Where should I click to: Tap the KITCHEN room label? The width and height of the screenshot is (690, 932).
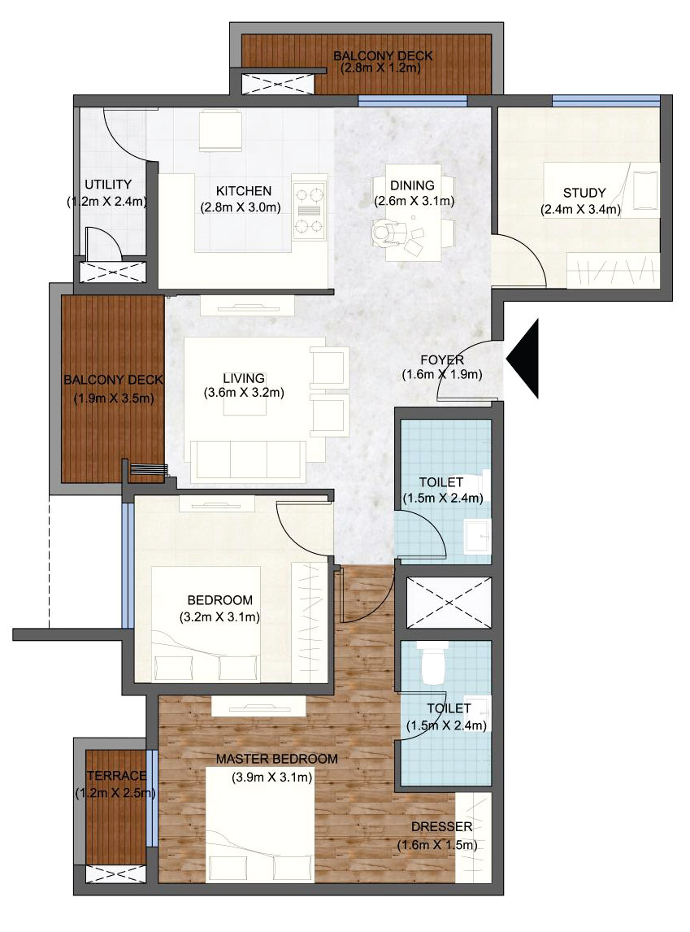point(244,191)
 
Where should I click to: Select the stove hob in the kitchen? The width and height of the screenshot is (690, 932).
point(310,211)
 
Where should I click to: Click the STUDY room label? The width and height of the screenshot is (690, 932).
point(584,193)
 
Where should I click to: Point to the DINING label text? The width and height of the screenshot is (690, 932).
point(412,185)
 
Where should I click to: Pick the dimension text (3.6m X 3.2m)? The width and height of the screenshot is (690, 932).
point(244,393)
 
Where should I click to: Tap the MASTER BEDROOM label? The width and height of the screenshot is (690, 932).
point(276,759)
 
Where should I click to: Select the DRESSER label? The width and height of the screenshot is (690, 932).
point(442,827)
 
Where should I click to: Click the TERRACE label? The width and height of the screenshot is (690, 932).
point(116,776)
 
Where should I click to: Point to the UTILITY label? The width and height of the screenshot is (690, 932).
point(107,185)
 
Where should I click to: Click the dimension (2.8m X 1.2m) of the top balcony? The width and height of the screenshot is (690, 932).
point(380,68)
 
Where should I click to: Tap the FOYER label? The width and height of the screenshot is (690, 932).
point(442,360)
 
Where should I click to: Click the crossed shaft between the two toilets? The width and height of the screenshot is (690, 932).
point(449,602)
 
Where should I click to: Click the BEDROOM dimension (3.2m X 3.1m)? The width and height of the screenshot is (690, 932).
point(219,617)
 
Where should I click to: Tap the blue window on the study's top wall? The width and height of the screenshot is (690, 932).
point(605,101)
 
